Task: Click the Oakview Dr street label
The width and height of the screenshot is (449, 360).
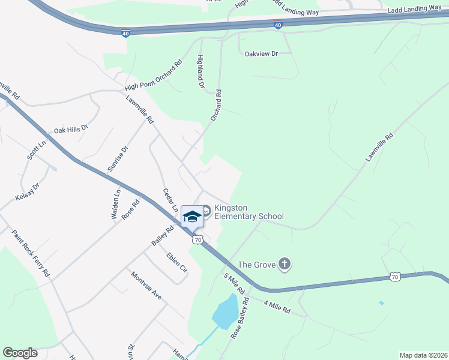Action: coord(262,54)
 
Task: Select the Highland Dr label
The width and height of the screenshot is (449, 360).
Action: coord(201,71)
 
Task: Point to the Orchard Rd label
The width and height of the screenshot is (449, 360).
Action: coord(216,105)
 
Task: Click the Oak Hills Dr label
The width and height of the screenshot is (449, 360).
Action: coord(71,129)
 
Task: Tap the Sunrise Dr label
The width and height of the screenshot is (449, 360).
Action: coord(117,159)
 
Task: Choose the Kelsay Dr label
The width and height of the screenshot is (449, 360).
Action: coord(27,191)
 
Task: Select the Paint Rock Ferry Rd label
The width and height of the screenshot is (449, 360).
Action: coord(31,252)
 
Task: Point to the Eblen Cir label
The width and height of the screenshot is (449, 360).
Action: coord(177,262)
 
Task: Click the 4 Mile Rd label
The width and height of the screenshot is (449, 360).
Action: coord(277,305)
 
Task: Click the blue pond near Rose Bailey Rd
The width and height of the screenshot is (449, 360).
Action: coord(224,312)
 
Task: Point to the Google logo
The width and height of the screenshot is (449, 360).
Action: coord(20,353)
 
